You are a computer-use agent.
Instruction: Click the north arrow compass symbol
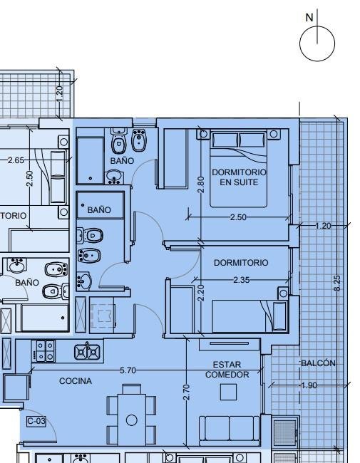click(x=317, y=43)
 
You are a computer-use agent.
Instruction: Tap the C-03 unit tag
click(x=36, y=421)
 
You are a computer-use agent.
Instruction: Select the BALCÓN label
click(x=318, y=363)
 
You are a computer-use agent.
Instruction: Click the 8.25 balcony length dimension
click(x=337, y=283)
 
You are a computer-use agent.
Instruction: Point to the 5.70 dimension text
click(x=128, y=370)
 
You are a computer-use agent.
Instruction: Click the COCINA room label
click(x=76, y=381)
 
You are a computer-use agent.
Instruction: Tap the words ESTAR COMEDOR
click(x=227, y=370)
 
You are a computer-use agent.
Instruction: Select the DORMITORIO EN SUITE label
click(x=239, y=177)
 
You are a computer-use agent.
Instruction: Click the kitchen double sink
click(x=87, y=352)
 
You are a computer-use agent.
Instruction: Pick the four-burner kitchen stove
click(x=43, y=351)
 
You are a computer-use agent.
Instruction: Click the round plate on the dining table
click(x=132, y=420)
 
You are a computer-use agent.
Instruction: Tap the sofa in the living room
click(x=230, y=430)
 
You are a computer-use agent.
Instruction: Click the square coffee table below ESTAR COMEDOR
click(x=228, y=392)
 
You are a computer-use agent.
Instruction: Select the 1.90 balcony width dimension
click(x=309, y=385)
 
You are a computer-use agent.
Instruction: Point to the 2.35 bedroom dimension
click(x=242, y=280)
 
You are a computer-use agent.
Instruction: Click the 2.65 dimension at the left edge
click(x=16, y=160)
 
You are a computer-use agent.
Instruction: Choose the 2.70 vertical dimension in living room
click(x=186, y=392)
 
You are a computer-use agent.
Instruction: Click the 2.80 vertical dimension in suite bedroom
click(x=201, y=184)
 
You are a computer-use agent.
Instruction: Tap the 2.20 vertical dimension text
click(x=201, y=293)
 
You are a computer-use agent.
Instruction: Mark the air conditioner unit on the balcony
click(x=284, y=432)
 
